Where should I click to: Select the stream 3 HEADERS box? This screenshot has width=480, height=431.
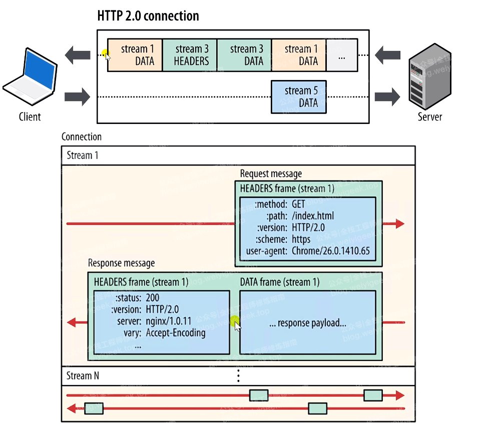190,55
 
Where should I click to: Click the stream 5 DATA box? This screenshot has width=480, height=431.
299,96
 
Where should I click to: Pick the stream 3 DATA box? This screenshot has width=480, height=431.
244,55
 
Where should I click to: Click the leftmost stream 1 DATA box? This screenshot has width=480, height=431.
135,55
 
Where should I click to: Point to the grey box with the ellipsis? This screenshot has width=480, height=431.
342,55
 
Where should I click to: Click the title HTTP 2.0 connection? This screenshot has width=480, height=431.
148,16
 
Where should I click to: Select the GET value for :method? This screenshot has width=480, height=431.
298,204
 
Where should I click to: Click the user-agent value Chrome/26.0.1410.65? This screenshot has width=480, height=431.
331,251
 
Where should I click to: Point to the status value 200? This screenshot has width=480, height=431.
153,298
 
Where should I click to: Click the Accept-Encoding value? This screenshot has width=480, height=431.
176,333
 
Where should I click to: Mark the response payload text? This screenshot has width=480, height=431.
307,323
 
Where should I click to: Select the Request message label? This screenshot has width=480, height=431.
271,174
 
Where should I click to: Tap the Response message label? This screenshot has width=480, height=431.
121,263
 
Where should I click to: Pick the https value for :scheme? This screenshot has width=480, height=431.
301,239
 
